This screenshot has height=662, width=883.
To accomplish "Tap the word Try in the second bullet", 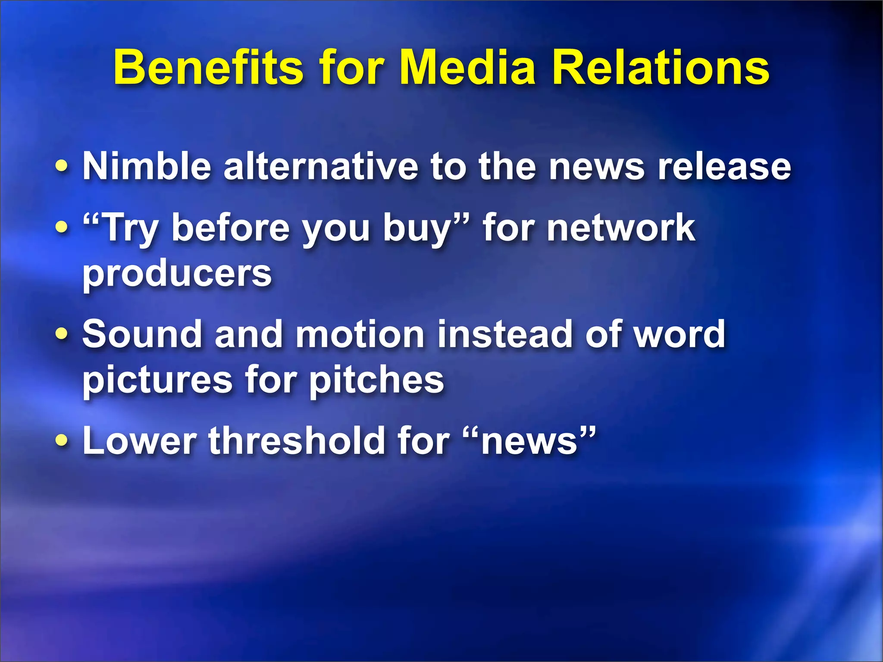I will [125, 228].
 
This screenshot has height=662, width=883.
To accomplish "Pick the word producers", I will [177, 274].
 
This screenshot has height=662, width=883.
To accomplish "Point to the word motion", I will [360, 334].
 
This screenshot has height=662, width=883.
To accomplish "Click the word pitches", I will [377, 380].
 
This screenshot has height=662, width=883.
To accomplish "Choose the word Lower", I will [139, 440].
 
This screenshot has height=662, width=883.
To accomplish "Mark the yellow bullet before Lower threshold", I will [62, 440].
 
